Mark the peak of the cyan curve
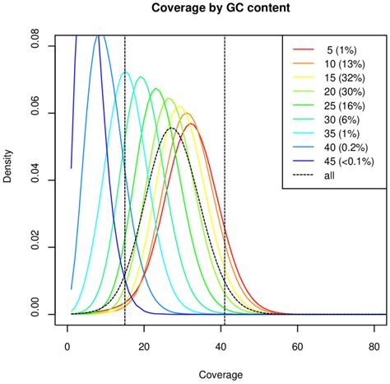click(x=125, y=72)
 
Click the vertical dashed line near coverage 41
click(x=225, y=206)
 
